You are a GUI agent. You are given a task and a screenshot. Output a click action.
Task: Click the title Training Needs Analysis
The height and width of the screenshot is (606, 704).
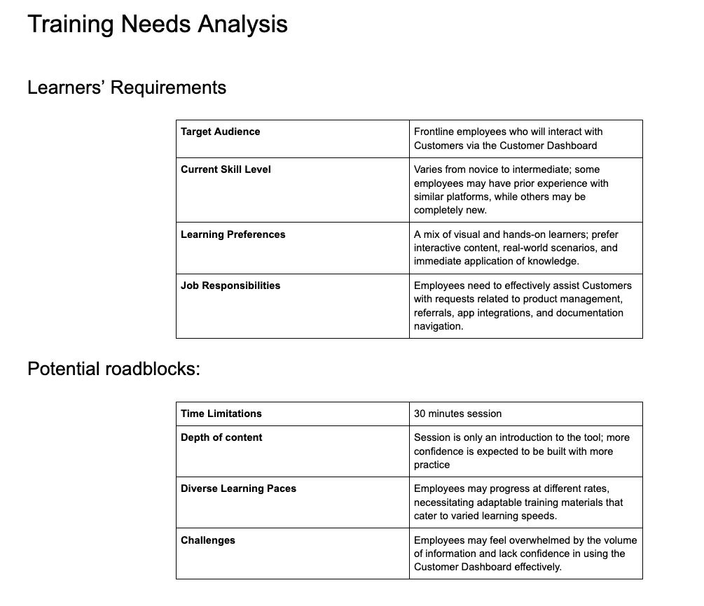coord(157,24)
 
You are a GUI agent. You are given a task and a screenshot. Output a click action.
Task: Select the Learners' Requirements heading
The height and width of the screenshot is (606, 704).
coord(126,87)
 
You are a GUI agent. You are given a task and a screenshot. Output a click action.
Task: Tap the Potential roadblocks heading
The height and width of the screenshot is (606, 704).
coord(113,368)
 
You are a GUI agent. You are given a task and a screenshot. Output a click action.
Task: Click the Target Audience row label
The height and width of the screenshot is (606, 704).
coord(220,132)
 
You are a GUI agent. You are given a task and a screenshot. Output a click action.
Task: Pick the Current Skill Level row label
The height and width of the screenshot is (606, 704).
coord(226,169)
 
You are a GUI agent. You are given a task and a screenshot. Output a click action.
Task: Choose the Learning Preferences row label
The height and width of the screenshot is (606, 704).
coord(233,234)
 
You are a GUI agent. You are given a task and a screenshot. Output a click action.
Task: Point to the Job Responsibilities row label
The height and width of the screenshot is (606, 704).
coord(230,286)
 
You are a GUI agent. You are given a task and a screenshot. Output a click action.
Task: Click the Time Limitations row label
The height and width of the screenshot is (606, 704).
coord(221,414)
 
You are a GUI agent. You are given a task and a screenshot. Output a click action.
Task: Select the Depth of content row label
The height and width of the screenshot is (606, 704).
coord(221,437)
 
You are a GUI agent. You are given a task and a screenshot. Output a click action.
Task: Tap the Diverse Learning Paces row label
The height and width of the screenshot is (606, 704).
coord(238,488)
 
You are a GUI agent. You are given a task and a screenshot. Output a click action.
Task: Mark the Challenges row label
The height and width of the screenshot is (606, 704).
coord(208,540)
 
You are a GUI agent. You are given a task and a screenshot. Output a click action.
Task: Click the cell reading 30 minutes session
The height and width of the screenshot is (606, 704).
coord(457,414)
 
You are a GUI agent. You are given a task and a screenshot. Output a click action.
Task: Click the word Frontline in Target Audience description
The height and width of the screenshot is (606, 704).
coord(434,132)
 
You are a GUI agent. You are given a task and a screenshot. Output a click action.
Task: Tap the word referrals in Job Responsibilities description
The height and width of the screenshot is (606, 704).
coord(434,313)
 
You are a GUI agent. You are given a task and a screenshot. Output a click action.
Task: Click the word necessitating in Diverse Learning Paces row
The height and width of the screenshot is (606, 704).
coord(446,502)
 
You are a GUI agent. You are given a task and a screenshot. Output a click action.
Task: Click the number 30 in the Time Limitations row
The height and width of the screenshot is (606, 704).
coord(420,414)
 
